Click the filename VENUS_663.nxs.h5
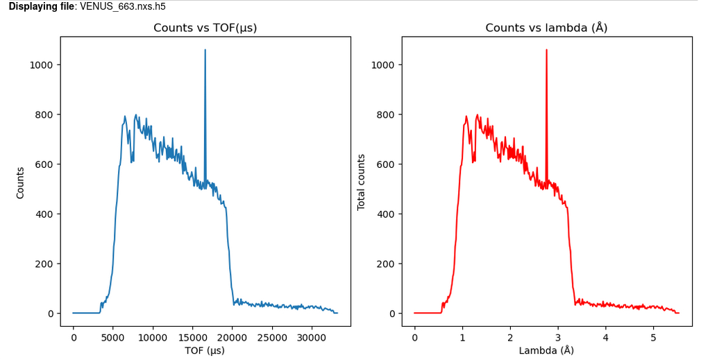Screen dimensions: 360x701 coord(123,6)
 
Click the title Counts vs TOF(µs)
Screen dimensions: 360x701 coord(210,28)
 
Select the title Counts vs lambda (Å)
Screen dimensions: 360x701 coord(546,28)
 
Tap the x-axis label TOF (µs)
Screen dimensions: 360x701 coord(205,350)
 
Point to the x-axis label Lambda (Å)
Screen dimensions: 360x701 coord(546,350)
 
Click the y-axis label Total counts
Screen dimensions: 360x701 coord(361,182)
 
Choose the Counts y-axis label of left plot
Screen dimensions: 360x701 coord(20,182)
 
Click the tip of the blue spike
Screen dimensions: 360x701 coord(205,50)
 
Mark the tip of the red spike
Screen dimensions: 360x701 coord(547,50)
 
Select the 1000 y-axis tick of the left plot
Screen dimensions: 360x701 coord(43,65)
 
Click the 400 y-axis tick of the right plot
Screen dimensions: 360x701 coord(388,214)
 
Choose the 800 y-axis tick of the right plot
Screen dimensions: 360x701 coord(388,114)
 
